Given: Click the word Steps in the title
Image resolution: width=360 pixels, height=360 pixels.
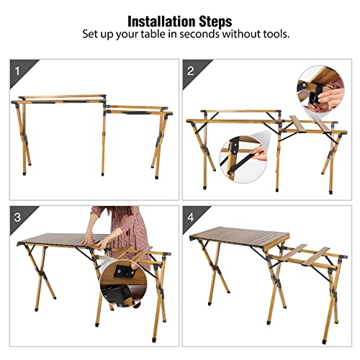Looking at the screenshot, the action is pos(215,22).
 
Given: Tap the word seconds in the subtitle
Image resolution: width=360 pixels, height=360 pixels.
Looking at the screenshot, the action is pos(199,34).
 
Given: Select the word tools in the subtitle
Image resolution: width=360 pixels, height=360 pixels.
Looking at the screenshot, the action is pos(276,34).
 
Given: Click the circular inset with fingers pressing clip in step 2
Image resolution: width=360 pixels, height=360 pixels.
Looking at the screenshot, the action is pos(320,89).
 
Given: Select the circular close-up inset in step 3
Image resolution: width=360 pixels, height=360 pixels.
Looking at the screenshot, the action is pos(124,283).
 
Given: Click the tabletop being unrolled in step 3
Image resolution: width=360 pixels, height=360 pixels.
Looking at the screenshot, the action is pos(63,240).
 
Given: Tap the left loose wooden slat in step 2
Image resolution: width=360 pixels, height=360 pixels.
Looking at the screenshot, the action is pos(297,124).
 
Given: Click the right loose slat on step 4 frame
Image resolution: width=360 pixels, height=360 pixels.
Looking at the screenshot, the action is pos(315,256).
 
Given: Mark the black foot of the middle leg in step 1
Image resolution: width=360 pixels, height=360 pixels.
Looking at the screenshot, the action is pos(103,174).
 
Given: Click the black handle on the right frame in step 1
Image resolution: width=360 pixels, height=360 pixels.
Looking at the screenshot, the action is pos(135,112).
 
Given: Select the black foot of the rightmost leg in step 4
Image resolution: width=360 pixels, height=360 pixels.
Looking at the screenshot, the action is pos(325,341).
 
